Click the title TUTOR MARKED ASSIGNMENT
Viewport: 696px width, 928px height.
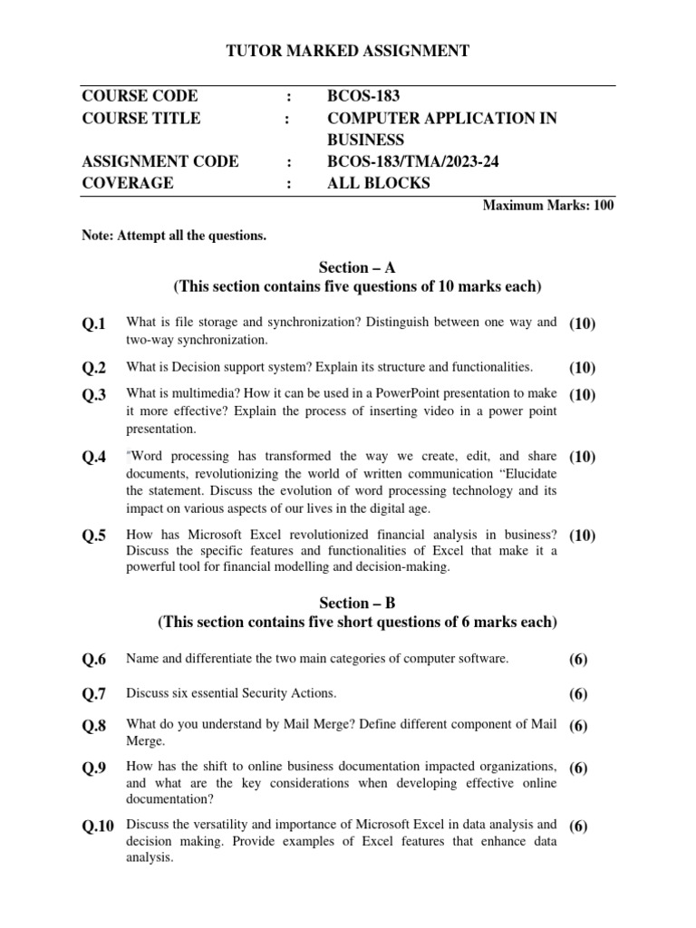pyautogui.click(x=347, y=52)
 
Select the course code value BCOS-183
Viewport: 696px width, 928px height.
pyautogui.click(x=362, y=96)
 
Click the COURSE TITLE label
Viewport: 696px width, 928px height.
pyautogui.click(x=141, y=118)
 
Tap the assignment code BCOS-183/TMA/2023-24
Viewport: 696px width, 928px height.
pyautogui.click(x=413, y=161)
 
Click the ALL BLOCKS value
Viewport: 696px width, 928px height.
pyautogui.click(x=379, y=183)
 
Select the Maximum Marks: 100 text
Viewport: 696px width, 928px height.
pyautogui.click(x=548, y=206)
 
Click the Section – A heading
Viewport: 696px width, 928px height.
pyautogui.click(x=357, y=267)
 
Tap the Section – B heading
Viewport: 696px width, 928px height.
pyautogui.click(x=357, y=602)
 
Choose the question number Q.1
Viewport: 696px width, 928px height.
pyautogui.click(x=93, y=324)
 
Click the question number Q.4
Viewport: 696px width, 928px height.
pyautogui.click(x=93, y=458)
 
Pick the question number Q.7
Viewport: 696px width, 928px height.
pyautogui.click(x=93, y=694)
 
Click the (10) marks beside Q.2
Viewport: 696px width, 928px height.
pyautogui.click(x=583, y=368)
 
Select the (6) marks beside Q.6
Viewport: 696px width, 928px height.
pyautogui.click(x=578, y=661)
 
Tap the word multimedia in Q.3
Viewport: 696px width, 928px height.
pyautogui.click(x=183, y=394)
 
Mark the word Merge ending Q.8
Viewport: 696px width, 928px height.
pyautogui.click(x=144, y=740)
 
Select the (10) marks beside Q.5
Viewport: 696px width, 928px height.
pyautogui.click(x=583, y=536)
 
